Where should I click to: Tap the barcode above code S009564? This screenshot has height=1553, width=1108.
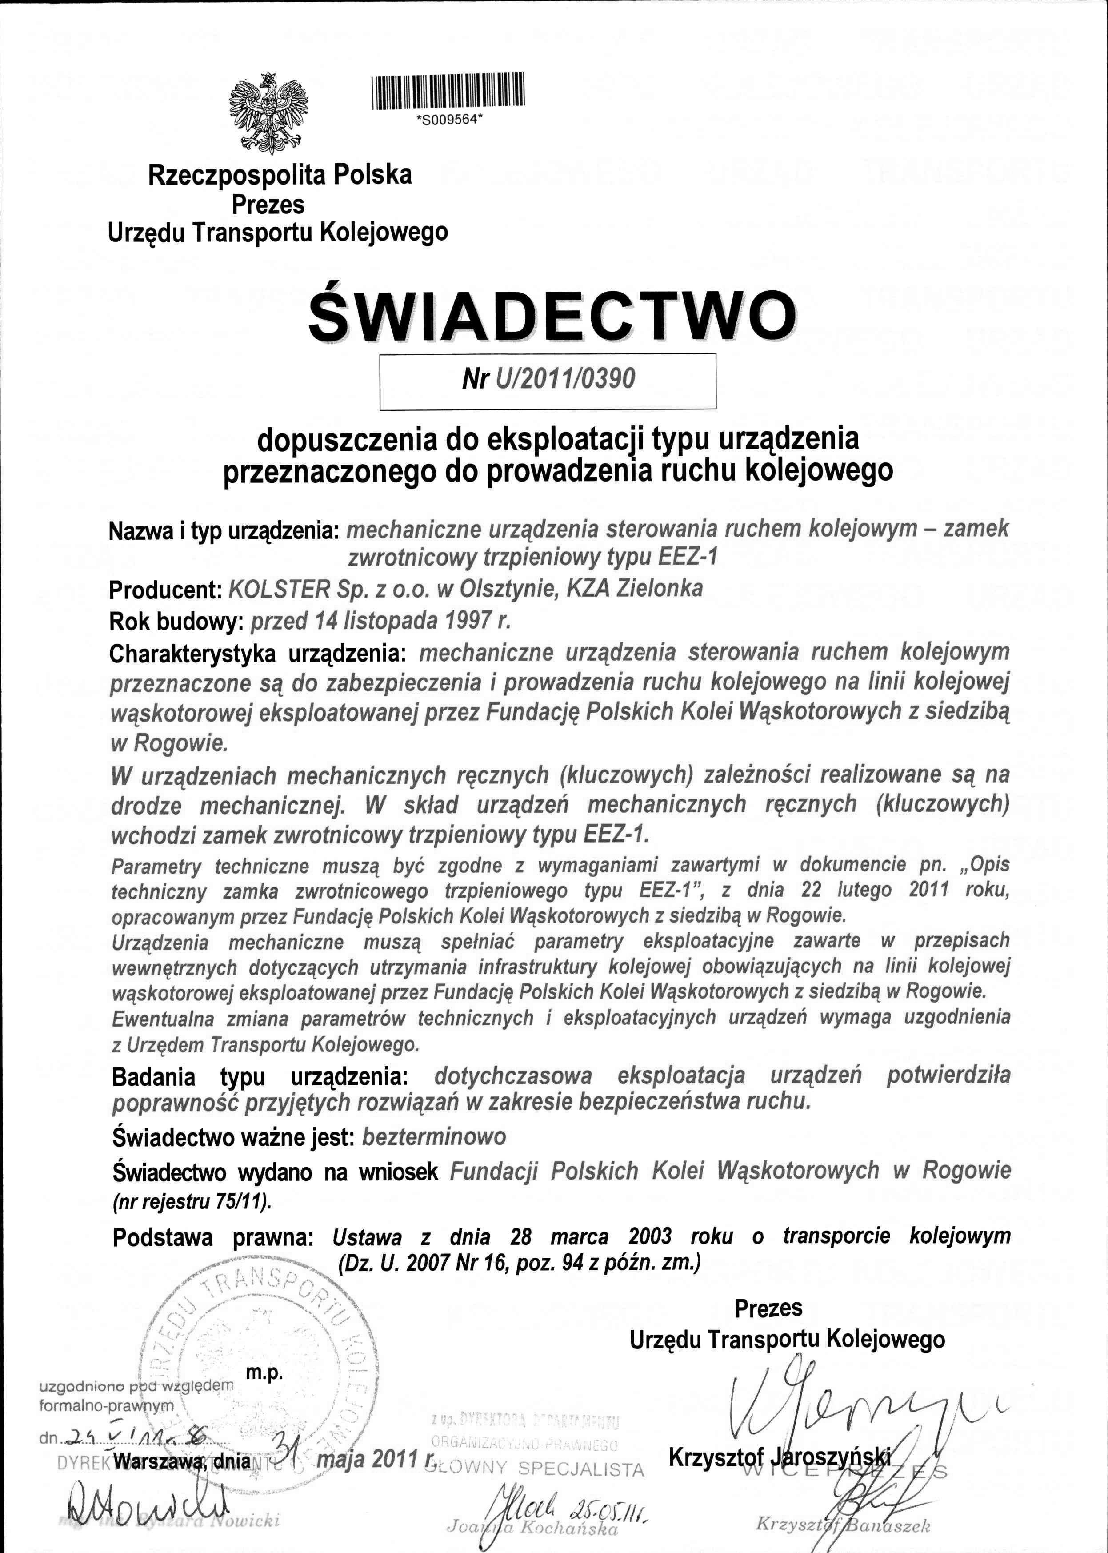[x=448, y=91]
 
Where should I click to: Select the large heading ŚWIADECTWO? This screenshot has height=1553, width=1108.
[x=552, y=317]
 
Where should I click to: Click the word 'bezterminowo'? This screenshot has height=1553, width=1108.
[x=434, y=1137]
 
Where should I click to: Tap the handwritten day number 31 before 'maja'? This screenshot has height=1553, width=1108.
[x=287, y=1445]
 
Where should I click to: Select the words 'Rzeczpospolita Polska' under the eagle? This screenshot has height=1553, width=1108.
[x=280, y=175]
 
